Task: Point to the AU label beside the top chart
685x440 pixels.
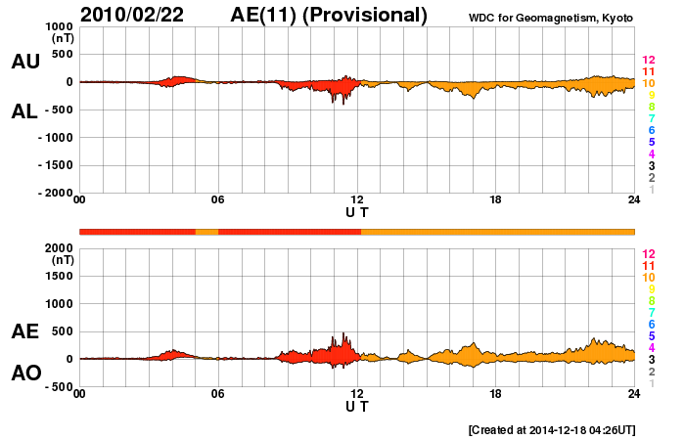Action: point(25,62)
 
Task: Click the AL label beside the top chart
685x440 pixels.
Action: point(25,111)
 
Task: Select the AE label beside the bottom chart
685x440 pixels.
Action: point(25,331)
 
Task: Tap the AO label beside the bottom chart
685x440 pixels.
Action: point(25,374)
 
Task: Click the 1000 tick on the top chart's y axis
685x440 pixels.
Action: point(57,26)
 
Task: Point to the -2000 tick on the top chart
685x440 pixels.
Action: point(55,194)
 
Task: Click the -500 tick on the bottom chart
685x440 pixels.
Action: point(57,387)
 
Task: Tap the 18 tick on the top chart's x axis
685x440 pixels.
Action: point(496,200)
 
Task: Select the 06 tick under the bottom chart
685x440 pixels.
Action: point(218,394)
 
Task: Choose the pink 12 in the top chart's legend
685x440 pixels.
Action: point(648,60)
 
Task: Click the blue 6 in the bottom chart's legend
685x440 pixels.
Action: point(651,324)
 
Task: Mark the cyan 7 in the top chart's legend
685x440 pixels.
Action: point(651,118)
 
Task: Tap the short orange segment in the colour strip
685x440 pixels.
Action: point(206,231)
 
